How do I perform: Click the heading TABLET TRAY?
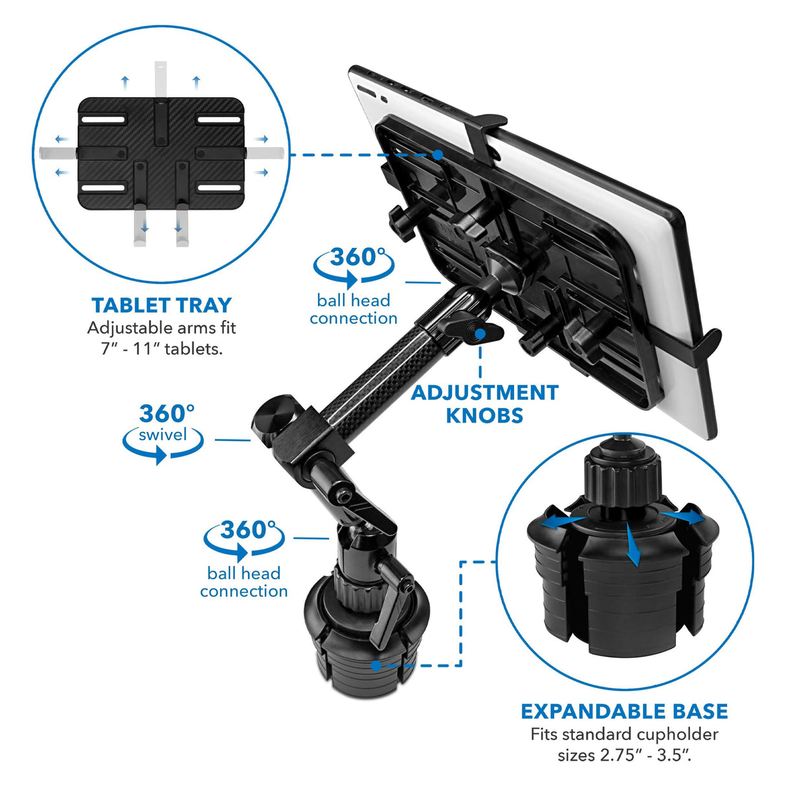[x=161, y=306]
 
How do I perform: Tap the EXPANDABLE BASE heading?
[x=624, y=712]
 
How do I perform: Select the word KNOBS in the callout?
[x=484, y=415]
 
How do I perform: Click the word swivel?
[x=163, y=435]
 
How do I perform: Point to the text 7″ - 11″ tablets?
[x=161, y=349]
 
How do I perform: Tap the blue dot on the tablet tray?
[x=438, y=155]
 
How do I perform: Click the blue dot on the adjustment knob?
[x=480, y=334]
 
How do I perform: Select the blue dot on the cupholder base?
[x=376, y=665]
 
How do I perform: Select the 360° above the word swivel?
[x=166, y=413]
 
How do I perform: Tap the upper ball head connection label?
[x=354, y=309]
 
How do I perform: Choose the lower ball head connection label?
[x=243, y=582]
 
